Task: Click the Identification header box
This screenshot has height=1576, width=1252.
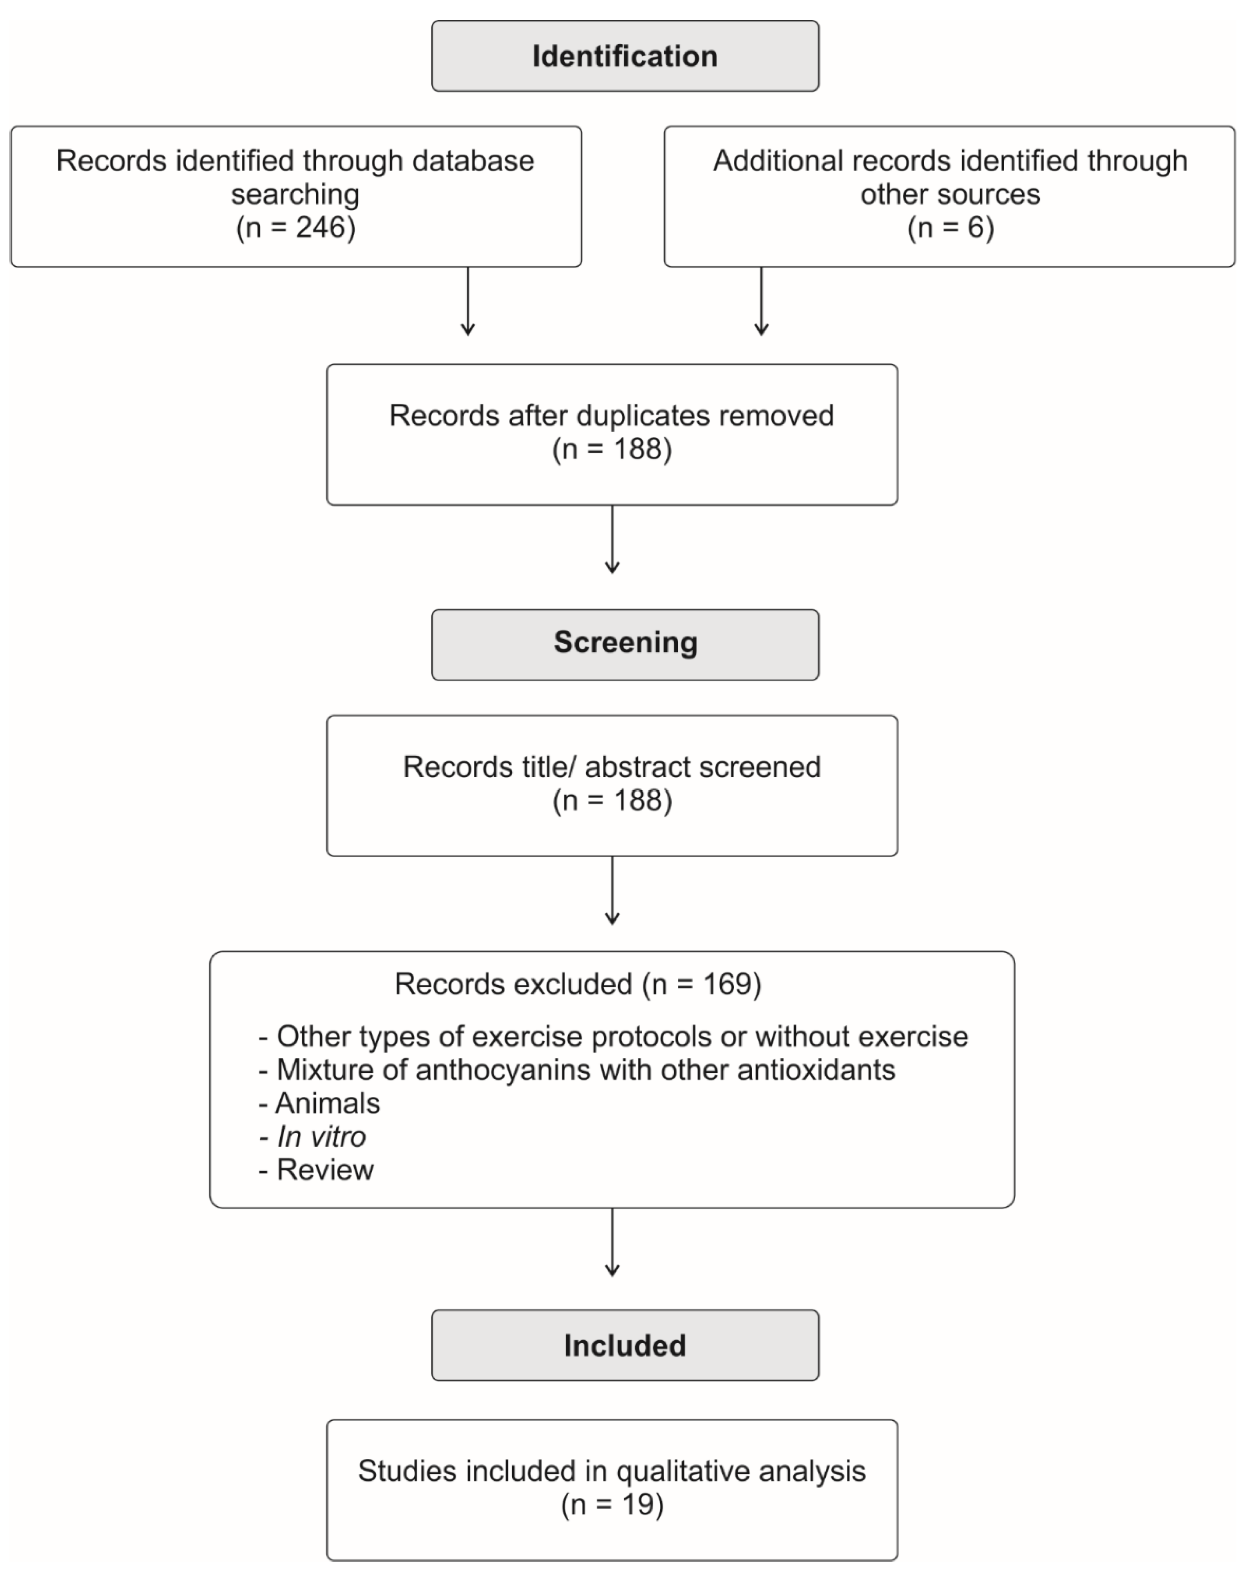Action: click(x=625, y=56)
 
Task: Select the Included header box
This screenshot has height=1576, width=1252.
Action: click(x=625, y=1345)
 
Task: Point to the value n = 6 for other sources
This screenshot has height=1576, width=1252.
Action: click(x=950, y=227)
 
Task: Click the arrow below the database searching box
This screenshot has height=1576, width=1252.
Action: click(x=468, y=301)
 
